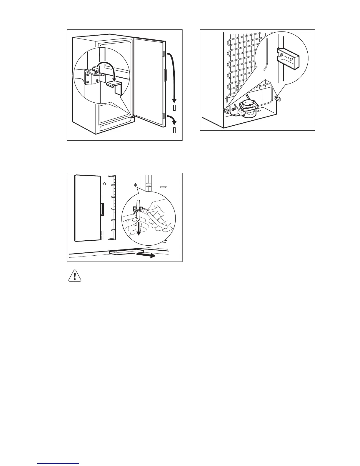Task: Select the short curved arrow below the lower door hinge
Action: tap(171, 120)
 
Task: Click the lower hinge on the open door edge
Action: tap(163, 116)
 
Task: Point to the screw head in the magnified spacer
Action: tap(281, 55)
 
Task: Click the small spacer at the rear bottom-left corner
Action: tap(226, 111)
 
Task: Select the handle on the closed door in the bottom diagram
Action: tap(102, 210)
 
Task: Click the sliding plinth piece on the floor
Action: tap(125, 252)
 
